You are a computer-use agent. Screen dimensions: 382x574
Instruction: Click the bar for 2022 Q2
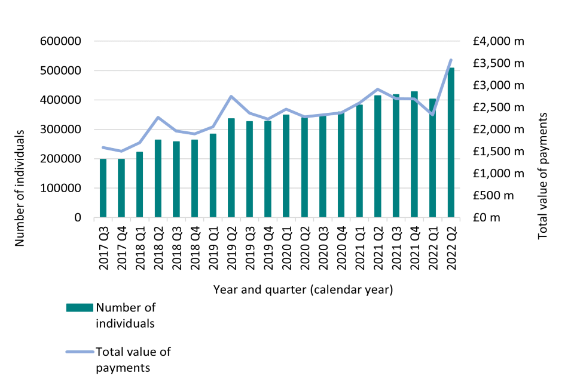click(x=451, y=143)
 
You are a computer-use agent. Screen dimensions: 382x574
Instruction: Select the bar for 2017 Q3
click(x=103, y=188)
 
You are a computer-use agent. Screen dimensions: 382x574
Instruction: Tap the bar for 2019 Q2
click(x=231, y=168)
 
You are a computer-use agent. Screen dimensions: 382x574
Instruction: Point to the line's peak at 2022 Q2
click(x=451, y=60)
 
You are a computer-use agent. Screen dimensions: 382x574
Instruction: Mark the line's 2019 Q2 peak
click(x=231, y=96)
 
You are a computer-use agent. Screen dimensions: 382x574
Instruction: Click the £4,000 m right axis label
click(x=497, y=42)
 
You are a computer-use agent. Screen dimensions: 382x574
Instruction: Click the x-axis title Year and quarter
click(x=303, y=291)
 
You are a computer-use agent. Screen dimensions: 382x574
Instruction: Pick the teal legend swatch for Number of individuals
click(x=80, y=308)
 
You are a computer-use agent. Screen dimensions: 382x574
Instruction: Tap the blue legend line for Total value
click(x=80, y=352)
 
